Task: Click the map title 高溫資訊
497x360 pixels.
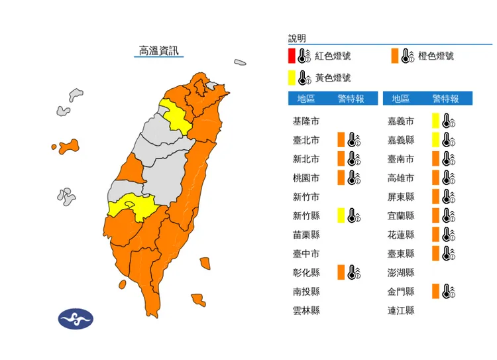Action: click(159, 50)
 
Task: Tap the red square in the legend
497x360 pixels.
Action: click(292, 56)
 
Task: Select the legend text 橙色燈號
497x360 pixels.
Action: click(436, 56)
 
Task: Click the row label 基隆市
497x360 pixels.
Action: click(306, 121)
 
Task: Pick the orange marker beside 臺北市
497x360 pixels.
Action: click(341, 140)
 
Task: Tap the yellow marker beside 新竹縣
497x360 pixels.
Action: click(341, 215)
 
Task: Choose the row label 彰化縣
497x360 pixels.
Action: click(306, 272)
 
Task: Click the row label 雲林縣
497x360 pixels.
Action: click(306, 310)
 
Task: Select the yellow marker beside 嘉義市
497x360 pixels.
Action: click(435, 121)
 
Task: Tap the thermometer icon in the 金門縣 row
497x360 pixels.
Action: click(448, 291)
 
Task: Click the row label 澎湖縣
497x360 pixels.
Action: click(401, 272)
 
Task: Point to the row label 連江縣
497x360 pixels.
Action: click(401, 310)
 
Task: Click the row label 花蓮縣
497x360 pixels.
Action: click(401, 234)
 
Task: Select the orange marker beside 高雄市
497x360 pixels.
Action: click(435, 178)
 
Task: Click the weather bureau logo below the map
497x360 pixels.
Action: click(76, 319)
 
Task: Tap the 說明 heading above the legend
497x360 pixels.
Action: click(297, 38)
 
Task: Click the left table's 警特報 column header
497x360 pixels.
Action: click(351, 99)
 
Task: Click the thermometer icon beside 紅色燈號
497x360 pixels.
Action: click(305, 56)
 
